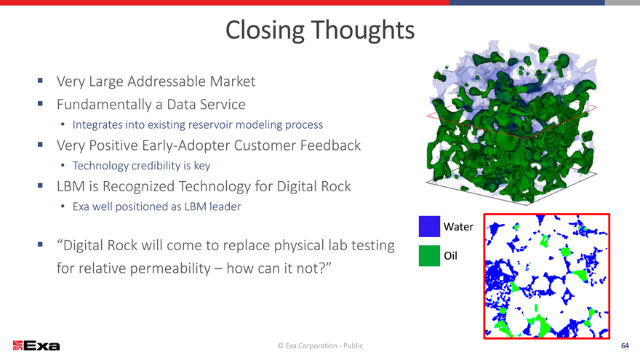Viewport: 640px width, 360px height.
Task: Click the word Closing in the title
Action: pyautogui.click(x=265, y=31)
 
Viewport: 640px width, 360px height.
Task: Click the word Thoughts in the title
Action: pyautogui.click(x=363, y=30)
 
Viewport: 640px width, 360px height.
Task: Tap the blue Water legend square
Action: pyautogui.click(x=429, y=226)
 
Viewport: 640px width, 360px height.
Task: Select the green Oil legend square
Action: pyautogui.click(x=429, y=255)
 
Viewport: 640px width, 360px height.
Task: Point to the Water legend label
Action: pyautogui.click(x=458, y=227)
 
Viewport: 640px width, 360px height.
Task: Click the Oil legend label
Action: pyautogui.click(x=451, y=256)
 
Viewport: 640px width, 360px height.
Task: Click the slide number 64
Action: pyautogui.click(x=625, y=345)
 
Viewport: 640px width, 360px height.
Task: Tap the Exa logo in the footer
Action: pyautogui.click(x=36, y=345)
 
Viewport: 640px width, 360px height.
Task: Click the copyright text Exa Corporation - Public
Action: pyautogui.click(x=320, y=345)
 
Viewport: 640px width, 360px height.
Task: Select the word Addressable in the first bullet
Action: pyautogui.click(x=167, y=81)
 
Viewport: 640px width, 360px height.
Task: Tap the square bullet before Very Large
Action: pyautogui.click(x=40, y=81)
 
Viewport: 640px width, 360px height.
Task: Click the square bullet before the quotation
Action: pyautogui.click(x=40, y=244)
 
